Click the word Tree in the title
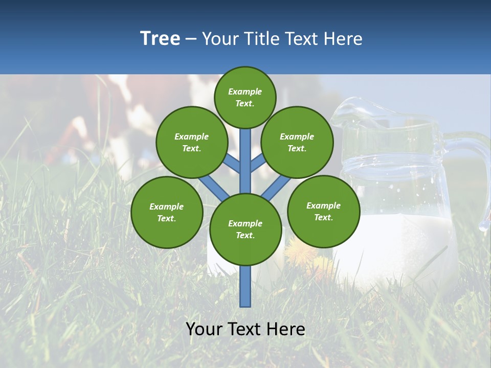[160, 38]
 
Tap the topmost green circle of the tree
[245, 97]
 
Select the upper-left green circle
[192, 142]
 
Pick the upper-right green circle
[297, 142]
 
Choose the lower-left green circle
[167, 212]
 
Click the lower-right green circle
[324, 211]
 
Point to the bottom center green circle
[245, 229]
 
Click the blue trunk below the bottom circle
[245, 286]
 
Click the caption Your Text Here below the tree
[245, 329]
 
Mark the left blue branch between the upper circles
[231, 163]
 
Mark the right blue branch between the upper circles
[259, 163]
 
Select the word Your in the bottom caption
[205, 329]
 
